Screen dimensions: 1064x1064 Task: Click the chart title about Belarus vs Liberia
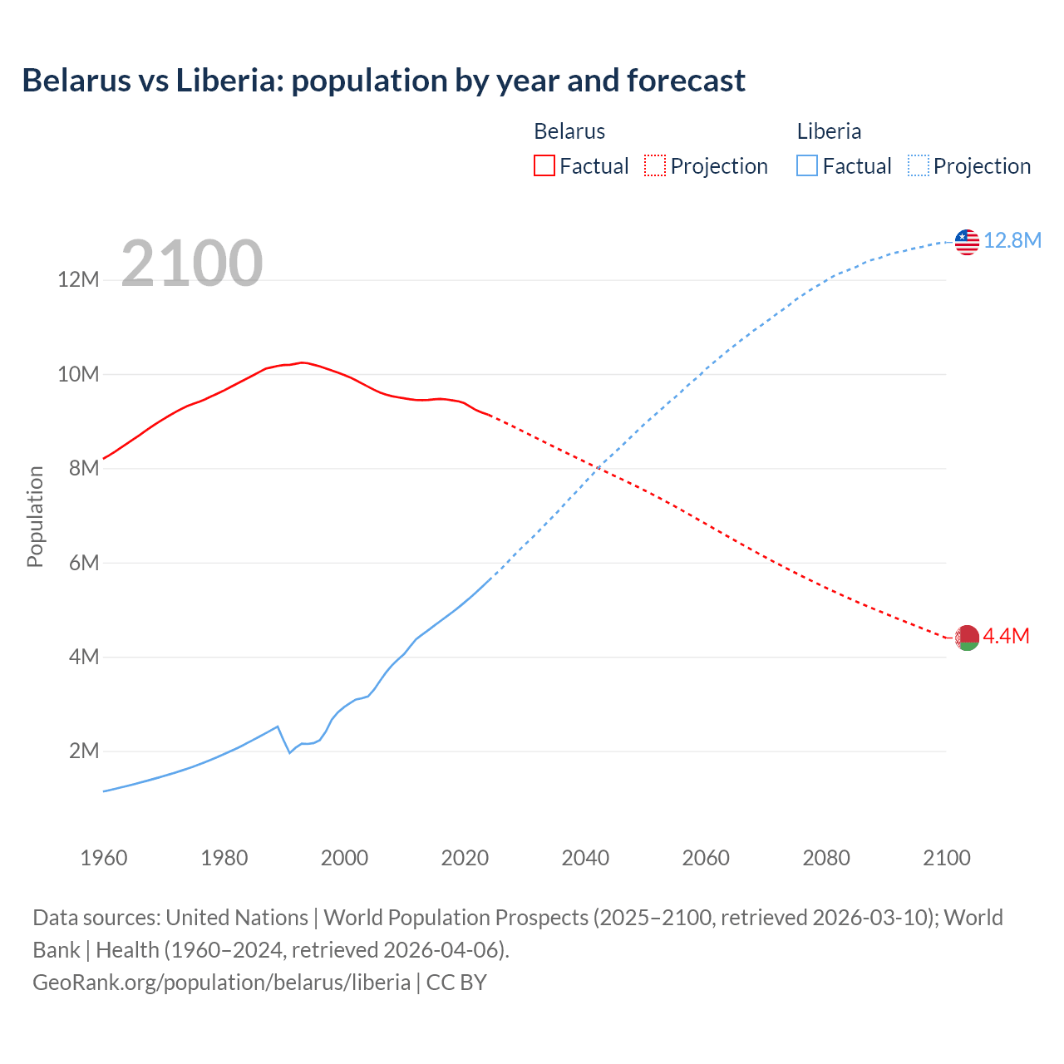click(x=383, y=81)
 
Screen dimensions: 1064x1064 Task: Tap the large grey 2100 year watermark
click(x=192, y=264)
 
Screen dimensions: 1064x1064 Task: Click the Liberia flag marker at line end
click(x=967, y=242)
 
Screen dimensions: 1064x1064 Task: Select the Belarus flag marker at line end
click(x=967, y=638)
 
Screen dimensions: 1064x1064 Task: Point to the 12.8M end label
click(x=1012, y=240)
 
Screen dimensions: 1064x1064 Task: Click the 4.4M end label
click(x=1006, y=636)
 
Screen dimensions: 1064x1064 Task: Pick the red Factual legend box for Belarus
click(x=544, y=165)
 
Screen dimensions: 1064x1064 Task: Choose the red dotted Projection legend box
click(x=655, y=165)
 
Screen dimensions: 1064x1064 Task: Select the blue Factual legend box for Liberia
click(x=807, y=165)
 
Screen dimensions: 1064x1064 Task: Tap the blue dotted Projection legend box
click(x=919, y=165)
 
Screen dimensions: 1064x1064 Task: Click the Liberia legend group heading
click(x=829, y=131)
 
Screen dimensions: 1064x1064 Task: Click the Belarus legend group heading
click(x=569, y=131)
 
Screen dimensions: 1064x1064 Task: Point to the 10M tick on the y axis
click(x=78, y=374)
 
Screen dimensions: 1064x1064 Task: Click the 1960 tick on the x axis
click(x=104, y=858)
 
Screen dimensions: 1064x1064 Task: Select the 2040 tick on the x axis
click(x=585, y=858)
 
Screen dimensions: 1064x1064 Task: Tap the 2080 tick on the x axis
click(x=826, y=858)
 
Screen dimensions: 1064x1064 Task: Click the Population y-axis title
click(x=35, y=516)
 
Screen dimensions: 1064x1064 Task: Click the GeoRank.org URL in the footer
click(x=221, y=983)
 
